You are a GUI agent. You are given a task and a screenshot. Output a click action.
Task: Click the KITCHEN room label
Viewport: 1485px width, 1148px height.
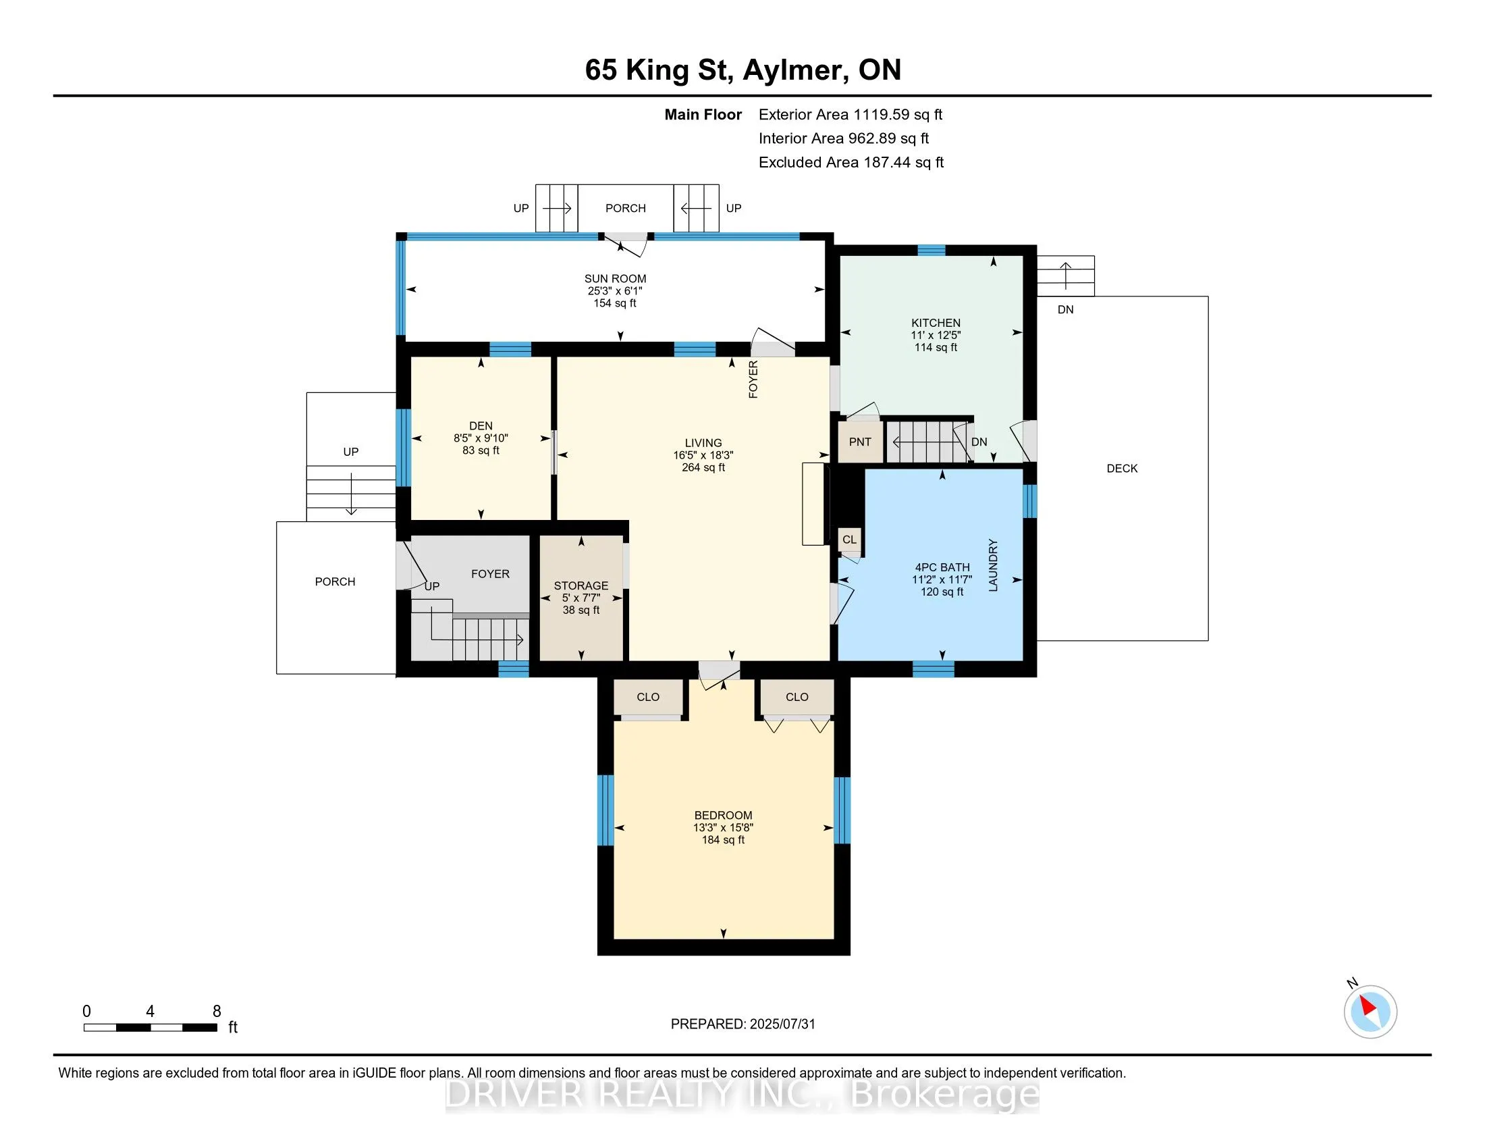tap(936, 323)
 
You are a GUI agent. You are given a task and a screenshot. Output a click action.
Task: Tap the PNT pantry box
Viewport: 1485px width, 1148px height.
tap(860, 442)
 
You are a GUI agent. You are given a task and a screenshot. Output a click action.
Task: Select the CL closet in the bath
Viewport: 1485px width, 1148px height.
tap(849, 540)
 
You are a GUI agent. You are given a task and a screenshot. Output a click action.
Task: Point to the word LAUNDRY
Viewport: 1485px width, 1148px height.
tap(993, 565)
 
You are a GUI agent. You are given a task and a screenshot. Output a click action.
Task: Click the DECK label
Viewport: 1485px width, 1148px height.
tap(1122, 469)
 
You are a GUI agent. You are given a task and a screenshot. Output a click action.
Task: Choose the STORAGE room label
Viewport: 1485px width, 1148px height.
tap(580, 585)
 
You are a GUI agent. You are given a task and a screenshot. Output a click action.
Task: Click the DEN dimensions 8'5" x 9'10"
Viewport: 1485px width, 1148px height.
tap(481, 439)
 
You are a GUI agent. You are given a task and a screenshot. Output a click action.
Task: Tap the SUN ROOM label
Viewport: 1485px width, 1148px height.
tap(615, 279)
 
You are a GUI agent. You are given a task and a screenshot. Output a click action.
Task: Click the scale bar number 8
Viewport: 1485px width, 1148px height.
tap(217, 1012)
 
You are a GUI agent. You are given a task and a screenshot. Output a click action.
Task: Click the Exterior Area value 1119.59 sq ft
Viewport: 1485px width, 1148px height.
tap(898, 115)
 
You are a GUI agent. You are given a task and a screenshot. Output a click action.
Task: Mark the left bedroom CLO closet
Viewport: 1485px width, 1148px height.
tap(648, 697)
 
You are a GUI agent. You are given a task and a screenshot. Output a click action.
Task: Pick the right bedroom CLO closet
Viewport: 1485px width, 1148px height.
tap(797, 697)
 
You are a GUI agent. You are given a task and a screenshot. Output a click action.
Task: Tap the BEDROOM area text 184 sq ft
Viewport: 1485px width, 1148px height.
tap(723, 840)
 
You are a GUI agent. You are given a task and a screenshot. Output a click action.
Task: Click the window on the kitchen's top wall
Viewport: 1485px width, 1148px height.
tap(932, 251)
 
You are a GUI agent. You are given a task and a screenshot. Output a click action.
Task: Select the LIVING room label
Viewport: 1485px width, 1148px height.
tap(703, 443)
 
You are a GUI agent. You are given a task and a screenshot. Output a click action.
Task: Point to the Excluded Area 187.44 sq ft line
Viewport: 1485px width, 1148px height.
tap(851, 163)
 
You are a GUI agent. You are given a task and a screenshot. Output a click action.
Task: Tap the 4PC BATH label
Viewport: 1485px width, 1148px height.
tap(942, 567)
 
